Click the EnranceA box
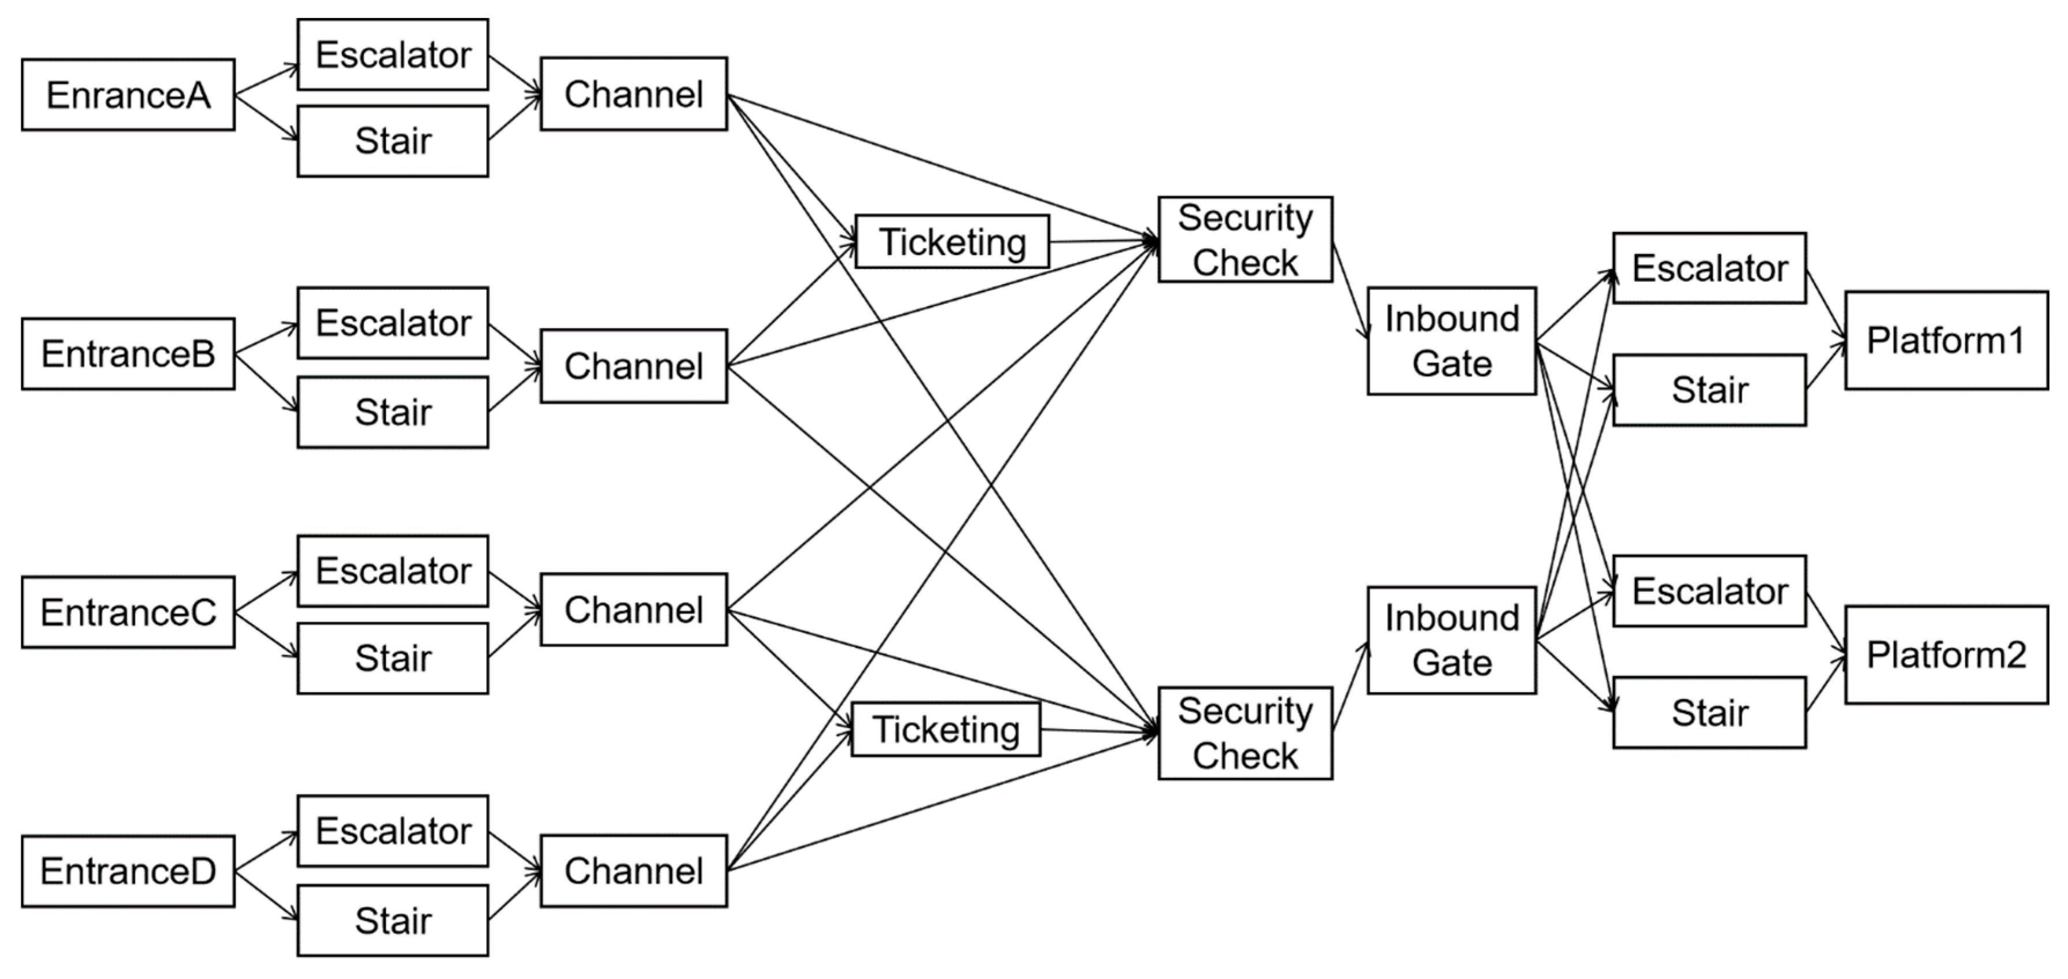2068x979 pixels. [x=128, y=95]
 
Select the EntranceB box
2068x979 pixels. [x=128, y=354]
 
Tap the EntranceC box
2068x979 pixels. [x=128, y=612]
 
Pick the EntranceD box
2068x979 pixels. [x=128, y=872]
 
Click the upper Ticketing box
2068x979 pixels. [x=952, y=241]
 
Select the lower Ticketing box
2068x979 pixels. [x=946, y=730]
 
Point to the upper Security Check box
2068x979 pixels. [x=1244, y=239]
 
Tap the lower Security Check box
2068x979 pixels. [x=1244, y=733]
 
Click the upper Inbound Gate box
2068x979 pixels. [x=1451, y=341]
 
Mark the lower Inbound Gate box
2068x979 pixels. [x=1451, y=640]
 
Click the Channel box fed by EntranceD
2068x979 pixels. [x=634, y=872]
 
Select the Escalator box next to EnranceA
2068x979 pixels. [x=393, y=55]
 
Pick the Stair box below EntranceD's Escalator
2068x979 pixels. [x=393, y=921]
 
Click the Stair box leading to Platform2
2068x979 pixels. [x=1709, y=712]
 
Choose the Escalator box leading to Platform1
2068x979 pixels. [x=1709, y=268]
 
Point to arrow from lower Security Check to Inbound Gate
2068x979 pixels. [x=1350, y=687]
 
